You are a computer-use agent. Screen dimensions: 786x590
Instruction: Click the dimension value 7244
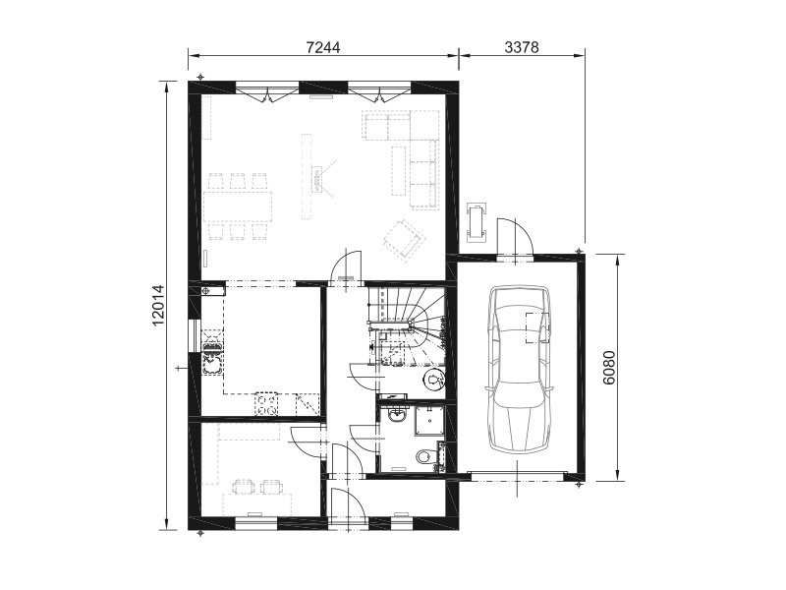point(323,47)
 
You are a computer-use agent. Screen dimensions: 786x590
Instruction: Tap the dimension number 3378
point(522,47)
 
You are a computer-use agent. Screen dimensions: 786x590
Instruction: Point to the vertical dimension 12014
point(159,305)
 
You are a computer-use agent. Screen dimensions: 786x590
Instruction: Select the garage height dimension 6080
point(609,367)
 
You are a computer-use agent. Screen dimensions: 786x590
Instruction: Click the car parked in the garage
point(519,371)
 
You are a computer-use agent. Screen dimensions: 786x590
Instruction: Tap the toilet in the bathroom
point(424,456)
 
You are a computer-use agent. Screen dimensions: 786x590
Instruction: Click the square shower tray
point(429,421)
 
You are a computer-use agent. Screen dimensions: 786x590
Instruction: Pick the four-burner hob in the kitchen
point(266,404)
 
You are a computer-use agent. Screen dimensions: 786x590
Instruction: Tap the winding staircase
point(407,326)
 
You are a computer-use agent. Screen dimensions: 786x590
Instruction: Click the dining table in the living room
point(238,206)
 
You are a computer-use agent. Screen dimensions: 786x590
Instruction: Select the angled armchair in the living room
point(404,239)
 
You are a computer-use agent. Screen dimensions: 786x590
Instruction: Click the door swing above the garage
point(515,238)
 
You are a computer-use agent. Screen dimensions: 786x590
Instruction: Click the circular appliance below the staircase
point(433,380)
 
